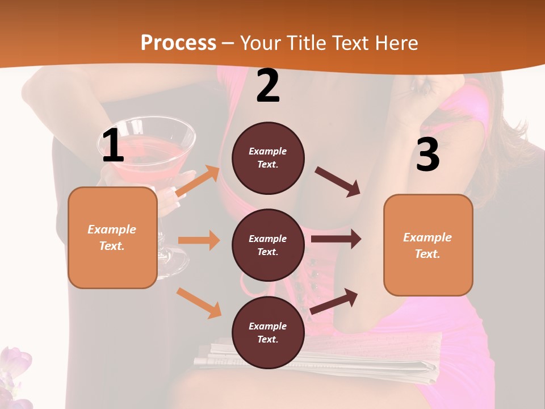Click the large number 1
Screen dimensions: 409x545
(x=113, y=146)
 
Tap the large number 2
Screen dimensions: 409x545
(x=268, y=86)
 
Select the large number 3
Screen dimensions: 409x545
(x=427, y=155)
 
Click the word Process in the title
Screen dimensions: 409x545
(x=178, y=43)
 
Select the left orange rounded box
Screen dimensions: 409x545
(x=112, y=237)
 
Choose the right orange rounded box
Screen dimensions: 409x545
(x=428, y=245)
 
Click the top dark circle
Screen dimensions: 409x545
(x=268, y=158)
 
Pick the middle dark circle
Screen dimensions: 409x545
(x=268, y=245)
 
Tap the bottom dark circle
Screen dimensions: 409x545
(x=268, y=332)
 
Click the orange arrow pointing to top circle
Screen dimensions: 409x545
(x=198, y=181)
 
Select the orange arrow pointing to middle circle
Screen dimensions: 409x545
(x=199, y=240)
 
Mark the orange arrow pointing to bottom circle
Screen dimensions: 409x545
(x=199, y=303)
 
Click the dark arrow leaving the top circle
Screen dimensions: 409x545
(x=338, y=182)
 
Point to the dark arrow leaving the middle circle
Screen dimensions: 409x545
(x=336, y=239)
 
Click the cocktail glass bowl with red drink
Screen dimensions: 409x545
(x=153, y=142)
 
